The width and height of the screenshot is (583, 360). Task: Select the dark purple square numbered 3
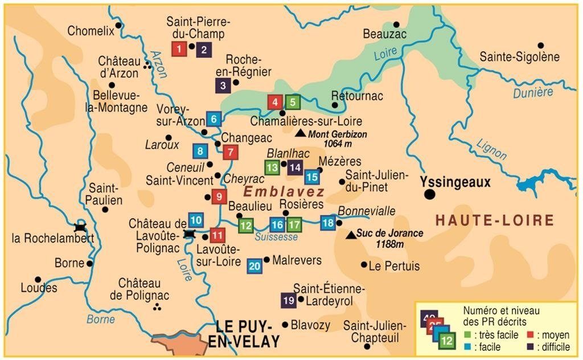point(223,86)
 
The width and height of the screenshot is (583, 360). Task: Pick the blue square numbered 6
point(214,119)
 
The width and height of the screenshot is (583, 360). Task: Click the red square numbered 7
point(230,152)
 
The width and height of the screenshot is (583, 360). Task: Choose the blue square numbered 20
point(254,265)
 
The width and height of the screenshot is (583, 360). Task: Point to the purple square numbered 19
point(289,300)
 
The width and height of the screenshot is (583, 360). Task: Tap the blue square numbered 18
point(327,223)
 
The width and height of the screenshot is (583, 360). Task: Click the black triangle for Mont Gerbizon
point(300,133)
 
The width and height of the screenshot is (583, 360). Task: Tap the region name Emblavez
point(284,191)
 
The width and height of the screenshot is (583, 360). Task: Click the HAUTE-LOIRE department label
point(494,220)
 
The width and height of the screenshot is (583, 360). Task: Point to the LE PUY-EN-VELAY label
point(248,334)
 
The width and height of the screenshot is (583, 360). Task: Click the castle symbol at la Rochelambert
point(80,227)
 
